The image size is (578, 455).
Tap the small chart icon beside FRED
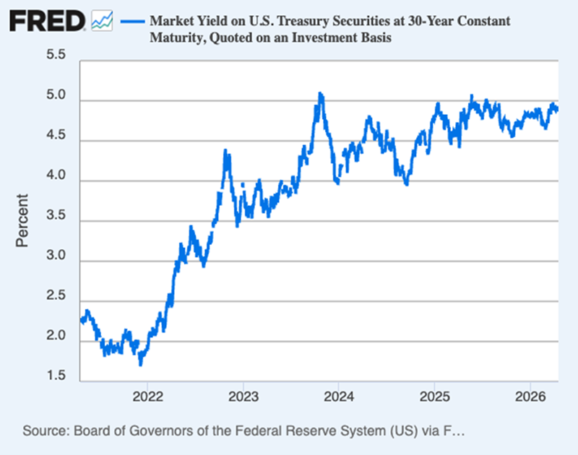click(x=103, y=21)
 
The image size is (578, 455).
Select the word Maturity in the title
click(x=175, y=38)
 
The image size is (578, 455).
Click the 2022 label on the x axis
click(x=147, y=396)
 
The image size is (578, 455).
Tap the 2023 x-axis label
click(x=243, y=396)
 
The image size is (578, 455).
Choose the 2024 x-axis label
click(x=338, y=396)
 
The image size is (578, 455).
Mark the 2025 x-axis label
click(x=433, y=396)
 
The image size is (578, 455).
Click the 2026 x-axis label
click(x=530, y=396)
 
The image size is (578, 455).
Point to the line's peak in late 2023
click(x=320, y=94)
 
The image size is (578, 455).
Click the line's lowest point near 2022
click(x=141, y=364)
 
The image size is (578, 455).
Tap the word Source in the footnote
click(x=44, y=431)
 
